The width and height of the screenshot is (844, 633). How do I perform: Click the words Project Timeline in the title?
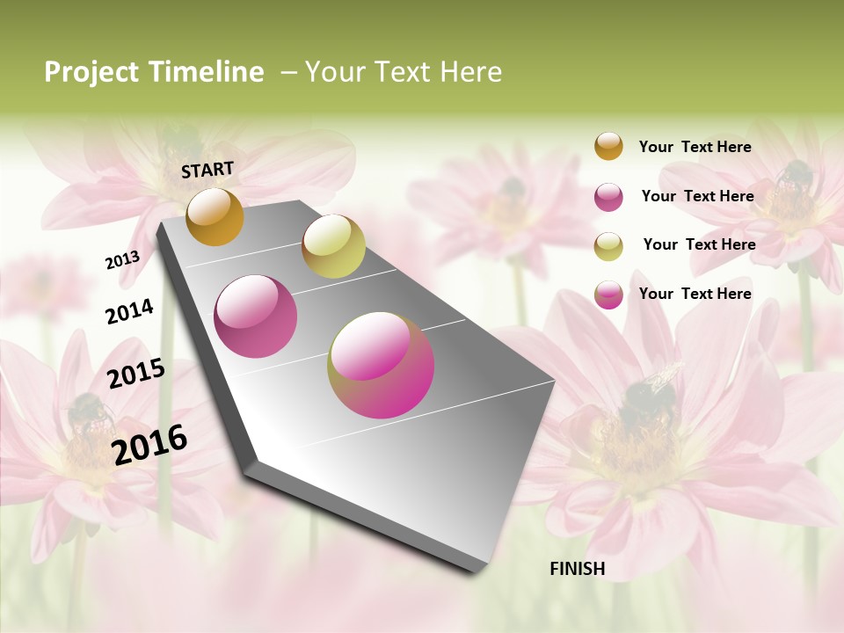(154, 72)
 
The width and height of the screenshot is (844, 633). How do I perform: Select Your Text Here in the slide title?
(404, 72)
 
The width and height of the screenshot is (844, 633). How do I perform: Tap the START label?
(207, 170)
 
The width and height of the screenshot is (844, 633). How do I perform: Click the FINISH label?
(578, 569)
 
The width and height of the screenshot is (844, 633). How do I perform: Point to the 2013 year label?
(122, 259)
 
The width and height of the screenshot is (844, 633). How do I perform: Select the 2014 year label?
(129, 311)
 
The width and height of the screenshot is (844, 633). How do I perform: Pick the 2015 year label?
(136, 374)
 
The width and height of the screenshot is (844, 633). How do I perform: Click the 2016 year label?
(149, 444)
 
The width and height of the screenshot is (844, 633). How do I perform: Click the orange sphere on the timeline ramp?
(215, 216)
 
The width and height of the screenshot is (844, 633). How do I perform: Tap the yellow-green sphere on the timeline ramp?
(333, 246)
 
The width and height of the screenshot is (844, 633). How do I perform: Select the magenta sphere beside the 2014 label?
(256, 316)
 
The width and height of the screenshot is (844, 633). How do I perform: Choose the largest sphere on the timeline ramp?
(381, 365)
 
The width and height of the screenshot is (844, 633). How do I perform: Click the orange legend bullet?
(608, 147)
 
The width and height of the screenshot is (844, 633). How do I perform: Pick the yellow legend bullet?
(608, 246)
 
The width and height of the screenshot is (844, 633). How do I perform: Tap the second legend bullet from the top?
(608, 197)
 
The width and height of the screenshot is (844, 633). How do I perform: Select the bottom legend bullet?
(608, 295)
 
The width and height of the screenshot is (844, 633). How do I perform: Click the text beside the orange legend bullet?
(695, 147)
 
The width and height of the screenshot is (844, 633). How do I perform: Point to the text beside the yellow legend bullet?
(699, 244)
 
